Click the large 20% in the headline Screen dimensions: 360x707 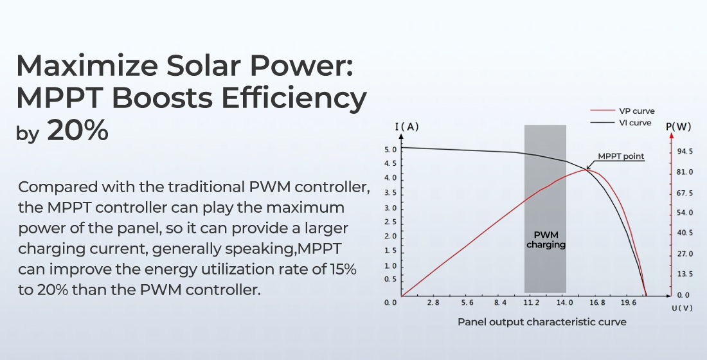[77, 130]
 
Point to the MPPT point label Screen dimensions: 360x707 [620, 156]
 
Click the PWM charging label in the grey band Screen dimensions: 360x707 [546, 240]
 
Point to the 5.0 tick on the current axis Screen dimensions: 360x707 [389, 149]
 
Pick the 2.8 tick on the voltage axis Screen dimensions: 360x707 [433, 302]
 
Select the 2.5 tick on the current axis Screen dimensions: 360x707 [389, 222]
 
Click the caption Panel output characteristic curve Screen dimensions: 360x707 [542, 321]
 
